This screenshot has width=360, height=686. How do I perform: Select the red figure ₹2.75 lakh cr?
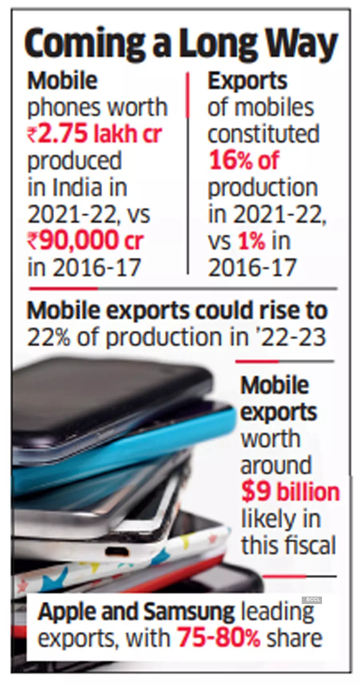pyautogui.click(x=94, y=134)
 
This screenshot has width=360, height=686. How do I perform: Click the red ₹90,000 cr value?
pyautogui.click(x=85, y=240)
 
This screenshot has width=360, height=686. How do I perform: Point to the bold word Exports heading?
pyautogui.click(x=247, y=81)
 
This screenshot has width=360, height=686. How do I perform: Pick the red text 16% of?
pyautogui.click(x=244, y=160)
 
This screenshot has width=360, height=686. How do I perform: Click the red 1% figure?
pyautogui.click(x=252, y=241)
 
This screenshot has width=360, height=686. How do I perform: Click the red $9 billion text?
pyautogui.click(x=290, y=492)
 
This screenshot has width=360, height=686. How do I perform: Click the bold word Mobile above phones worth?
pyautogui.click(x=62, y=81)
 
